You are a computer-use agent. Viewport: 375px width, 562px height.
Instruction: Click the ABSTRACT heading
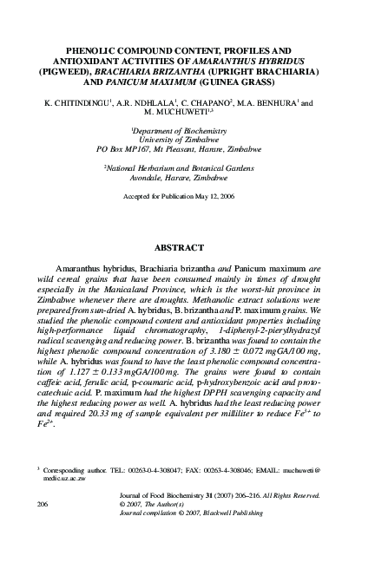click(187, 246)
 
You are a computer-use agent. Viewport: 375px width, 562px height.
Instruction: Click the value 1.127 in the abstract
click(84, 368)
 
